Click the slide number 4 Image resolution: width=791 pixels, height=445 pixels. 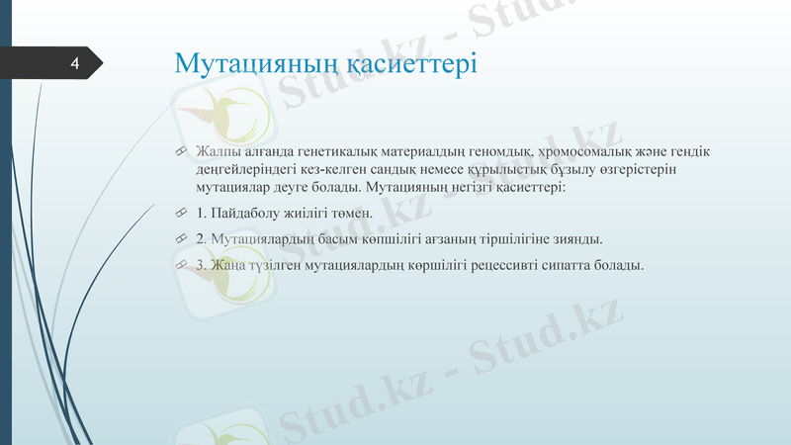[x=74, y=65]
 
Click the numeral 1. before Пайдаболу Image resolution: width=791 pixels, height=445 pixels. [x=202, y=214]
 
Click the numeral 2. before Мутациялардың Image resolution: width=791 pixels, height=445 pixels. [x=202, y=239]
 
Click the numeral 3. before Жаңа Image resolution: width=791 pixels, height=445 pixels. [x=202, y=265]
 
